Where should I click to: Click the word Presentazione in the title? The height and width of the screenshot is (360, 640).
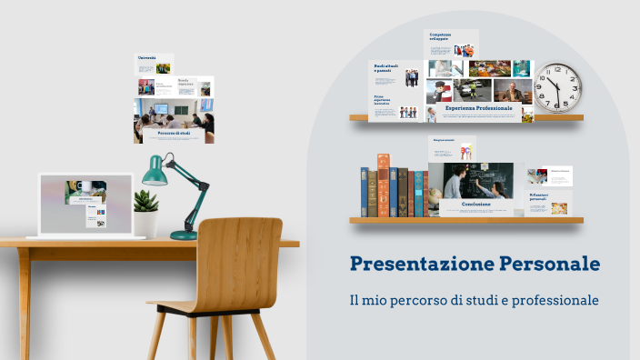pyautogui.click(x=421, y=265)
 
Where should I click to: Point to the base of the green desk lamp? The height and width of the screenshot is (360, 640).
pyautogui.click(x=184, y=235)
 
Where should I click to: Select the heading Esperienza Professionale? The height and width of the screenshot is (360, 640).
pyautogui.click(x=478, y=108)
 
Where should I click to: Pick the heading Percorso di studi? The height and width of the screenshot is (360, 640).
pyautogui.click(x=174, y=133)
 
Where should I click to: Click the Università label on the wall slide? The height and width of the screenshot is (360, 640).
pyautogui.click(x=147, y=58)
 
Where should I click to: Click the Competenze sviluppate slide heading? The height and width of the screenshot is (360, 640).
pyautogui.click(x=440, y=36)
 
